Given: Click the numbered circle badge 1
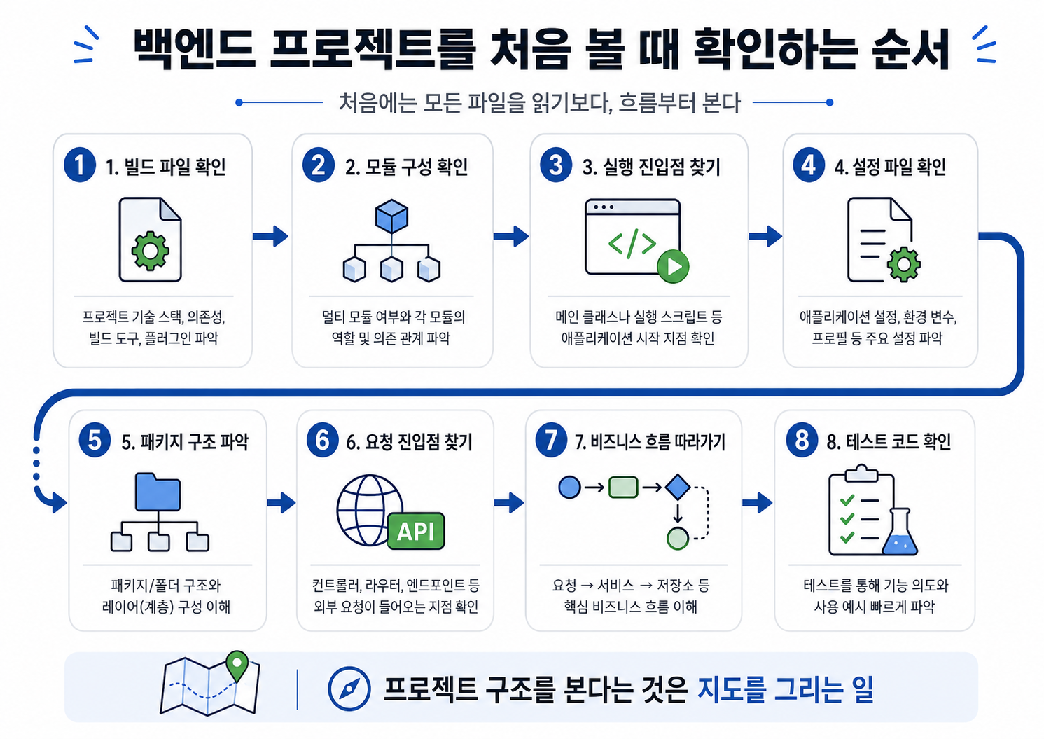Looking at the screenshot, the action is point(80,165).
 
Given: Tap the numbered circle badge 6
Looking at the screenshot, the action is point(322,440).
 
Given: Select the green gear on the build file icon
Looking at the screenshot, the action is point(150,251).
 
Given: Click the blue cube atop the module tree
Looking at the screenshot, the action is point(391,216).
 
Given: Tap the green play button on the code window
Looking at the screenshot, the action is point(673,266).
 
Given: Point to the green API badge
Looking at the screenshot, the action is point(416,531).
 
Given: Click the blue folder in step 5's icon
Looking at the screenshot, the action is point(158,492).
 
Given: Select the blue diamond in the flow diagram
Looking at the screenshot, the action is point(678,488).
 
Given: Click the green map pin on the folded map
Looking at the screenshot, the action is point(237,665).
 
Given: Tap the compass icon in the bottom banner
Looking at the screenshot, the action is point(349,689).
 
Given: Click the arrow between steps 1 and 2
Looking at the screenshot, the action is point(270,236).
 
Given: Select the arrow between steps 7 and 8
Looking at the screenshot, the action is point(758,503).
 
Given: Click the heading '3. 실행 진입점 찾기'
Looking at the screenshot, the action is point(651,167).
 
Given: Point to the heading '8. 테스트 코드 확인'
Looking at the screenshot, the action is point(889,441).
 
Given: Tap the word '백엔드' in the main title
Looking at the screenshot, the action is point(194,49).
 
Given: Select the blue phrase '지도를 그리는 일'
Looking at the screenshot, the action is point(785,689).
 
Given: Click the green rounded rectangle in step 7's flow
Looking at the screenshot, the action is point(623,488).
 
